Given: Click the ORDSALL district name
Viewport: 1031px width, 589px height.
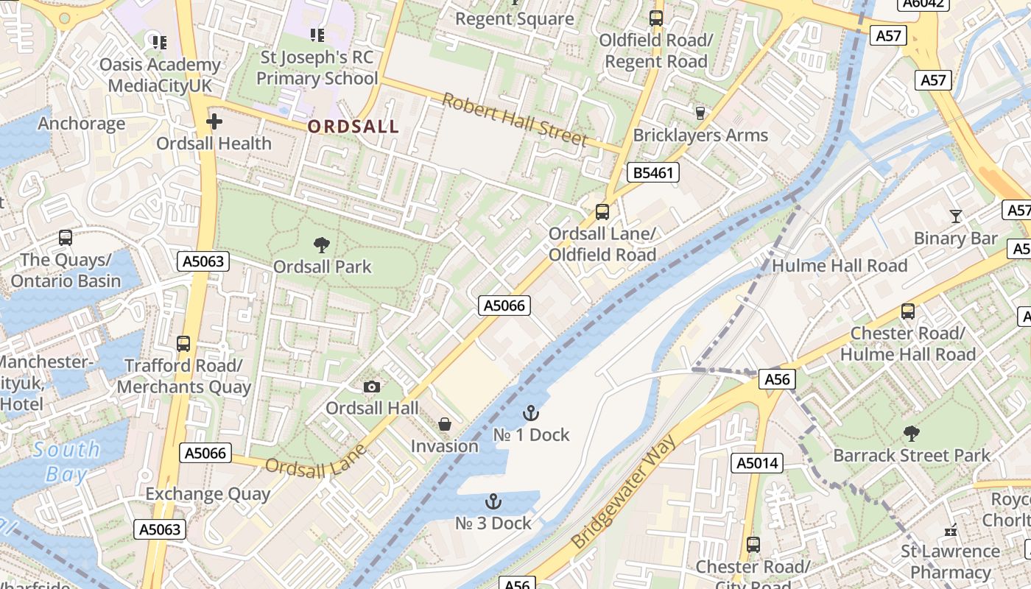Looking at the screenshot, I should pyautogui.click(x=353, y=127).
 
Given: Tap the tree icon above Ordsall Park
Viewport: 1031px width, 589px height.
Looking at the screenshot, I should pyautogui.click(x=321, y=245).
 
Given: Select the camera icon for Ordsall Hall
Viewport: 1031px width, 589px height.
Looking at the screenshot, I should pyautogui.click(x=372, y=387).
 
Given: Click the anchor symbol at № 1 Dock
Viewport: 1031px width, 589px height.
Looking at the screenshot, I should pyautogui.click(x=530, y=413).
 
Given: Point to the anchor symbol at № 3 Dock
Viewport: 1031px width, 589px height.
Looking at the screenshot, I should pyautogui.click(x=493, y=502).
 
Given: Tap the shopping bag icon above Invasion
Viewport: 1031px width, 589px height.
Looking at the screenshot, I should pyautogui.click(x=444, y=424).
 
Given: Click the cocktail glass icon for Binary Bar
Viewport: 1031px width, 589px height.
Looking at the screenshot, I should pyautogui.click(x=955, y=216).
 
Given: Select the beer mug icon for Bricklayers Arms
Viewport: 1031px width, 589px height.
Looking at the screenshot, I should pyautogui.click(x=700, y=113).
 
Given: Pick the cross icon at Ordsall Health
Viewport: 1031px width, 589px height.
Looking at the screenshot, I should pyautogui.click(x=214, y=121).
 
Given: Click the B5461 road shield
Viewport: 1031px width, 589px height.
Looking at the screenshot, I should pyautogui.click(x=652, y=173).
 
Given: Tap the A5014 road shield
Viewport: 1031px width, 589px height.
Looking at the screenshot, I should pyautogui.click(x=756, y=463).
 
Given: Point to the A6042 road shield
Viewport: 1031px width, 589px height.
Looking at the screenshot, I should pyautogui.click(x=922, y=4).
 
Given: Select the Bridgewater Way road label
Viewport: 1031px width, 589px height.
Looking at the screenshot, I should pyautogui.click(x=622, y=493).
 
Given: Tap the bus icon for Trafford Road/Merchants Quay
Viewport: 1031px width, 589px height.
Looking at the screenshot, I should pyautogui.click(x=183, y=344).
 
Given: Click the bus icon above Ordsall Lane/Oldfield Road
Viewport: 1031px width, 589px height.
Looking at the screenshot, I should pyautogui.click(x=602, y=212).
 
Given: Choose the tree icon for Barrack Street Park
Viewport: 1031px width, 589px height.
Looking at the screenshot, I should pyautogui.click(x=911, y=434).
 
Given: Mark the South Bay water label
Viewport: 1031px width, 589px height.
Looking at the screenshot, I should pyautogui.click(x=66, y=462).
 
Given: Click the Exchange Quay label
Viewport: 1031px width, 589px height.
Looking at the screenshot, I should pyautogui.click(x=208, y=494).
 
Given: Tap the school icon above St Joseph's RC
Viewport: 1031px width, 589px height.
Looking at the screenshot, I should pyautogui.click(x=317, y=35).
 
